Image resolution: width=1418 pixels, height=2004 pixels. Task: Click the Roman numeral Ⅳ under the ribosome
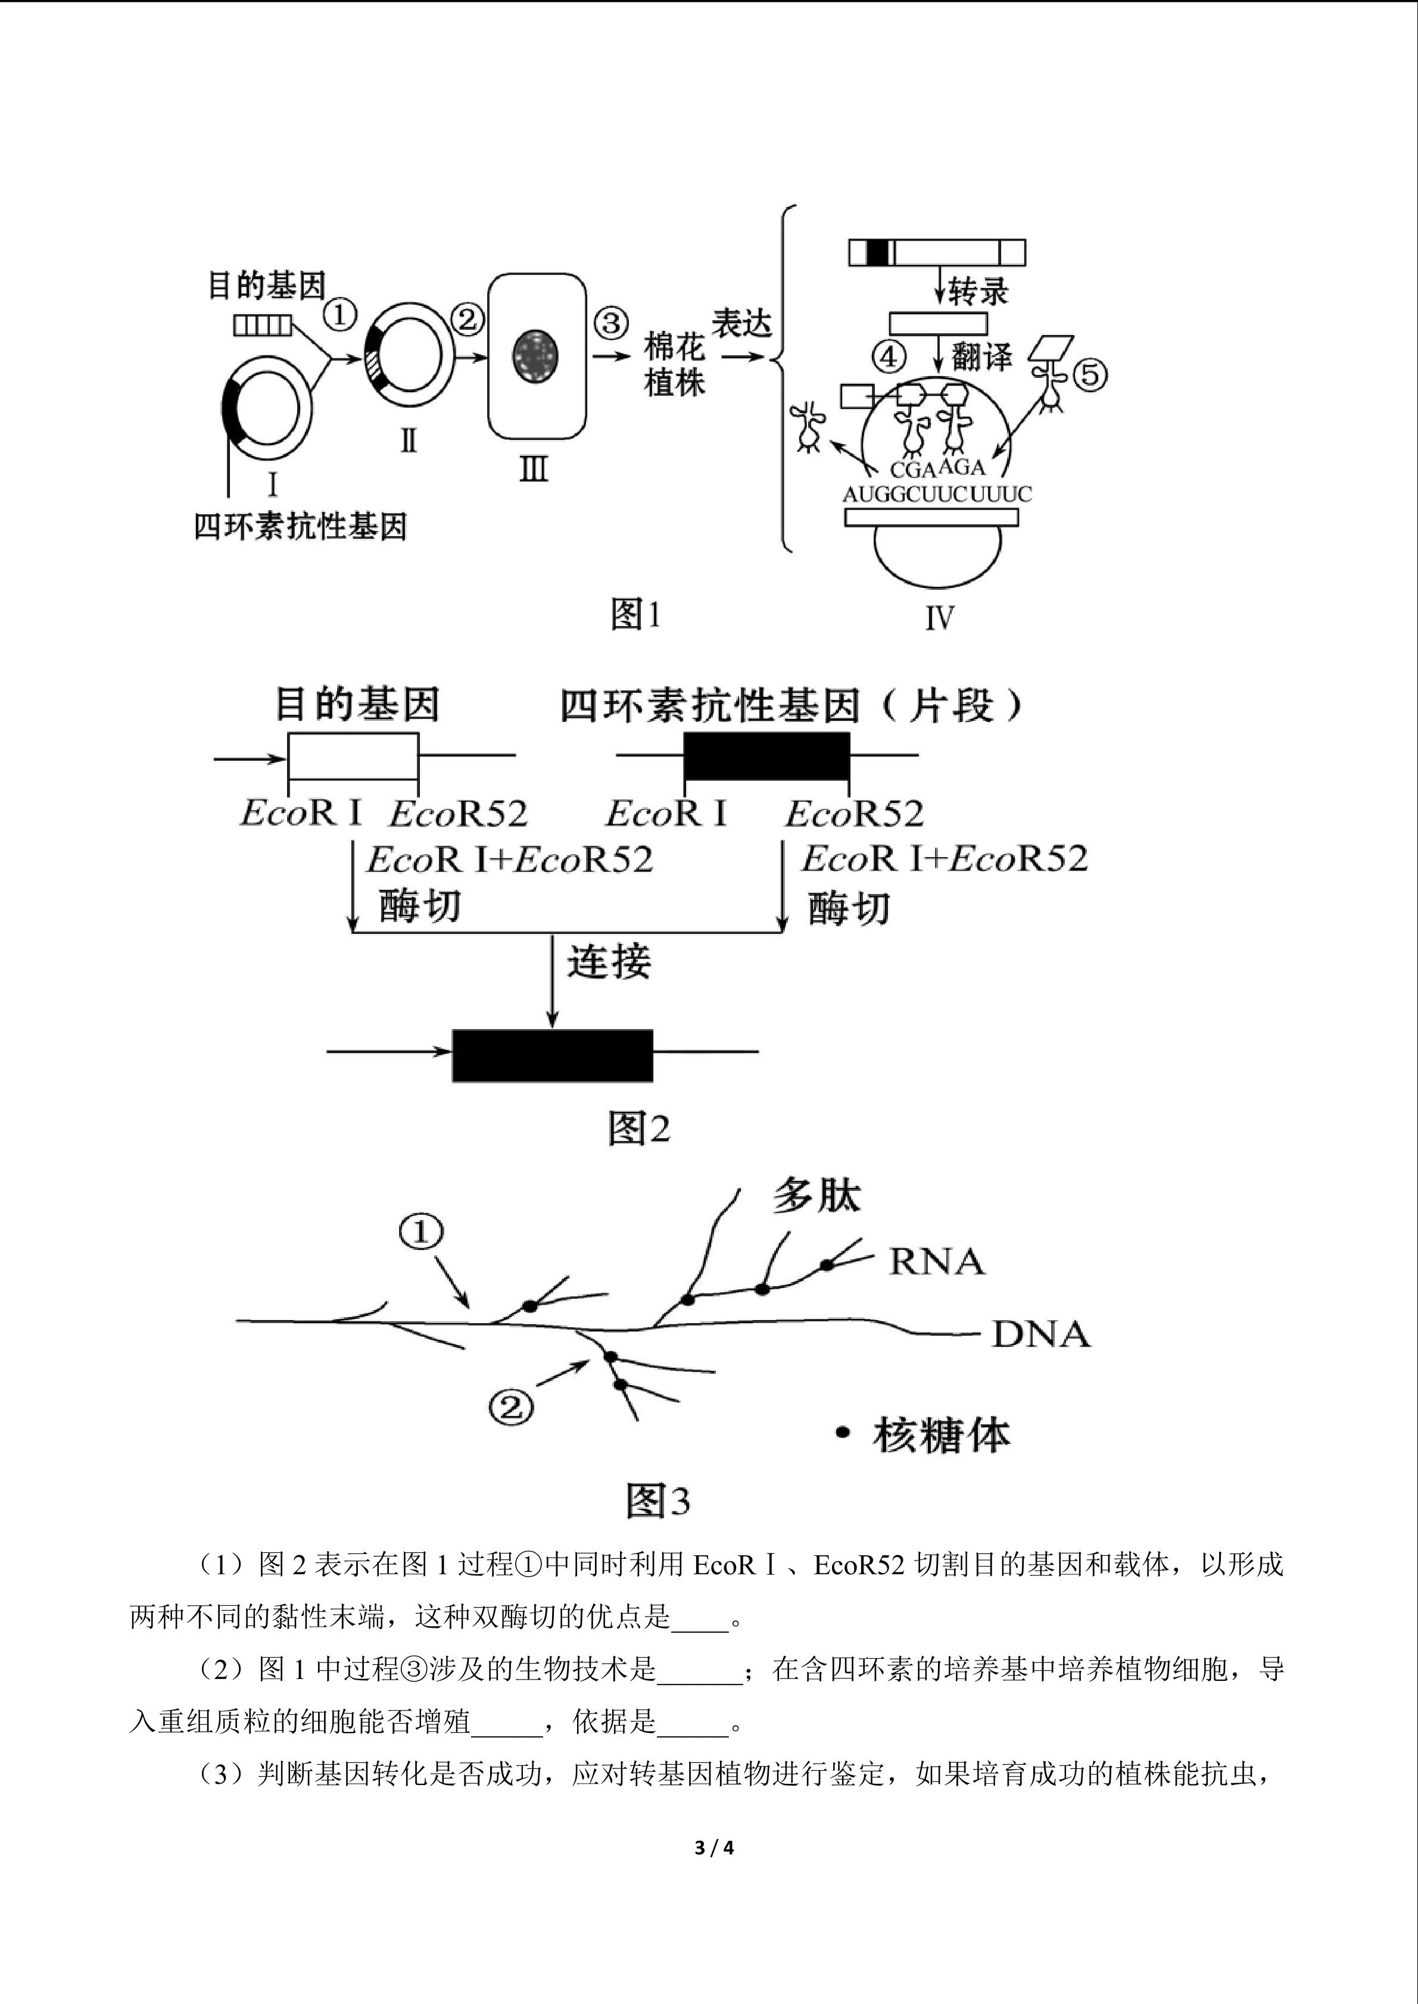tap(940, 618)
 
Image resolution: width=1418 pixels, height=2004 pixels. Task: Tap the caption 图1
tap(635, 614)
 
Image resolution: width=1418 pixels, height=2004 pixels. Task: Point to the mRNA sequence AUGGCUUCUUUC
tap(937, 494)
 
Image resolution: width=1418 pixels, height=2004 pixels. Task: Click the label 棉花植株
tap(675, 365)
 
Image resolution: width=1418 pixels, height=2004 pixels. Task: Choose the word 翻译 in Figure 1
tap(981, 357)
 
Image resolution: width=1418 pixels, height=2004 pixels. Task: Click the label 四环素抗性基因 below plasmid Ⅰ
tap(300, 526)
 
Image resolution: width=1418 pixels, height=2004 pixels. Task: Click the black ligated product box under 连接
tap(553, 1056)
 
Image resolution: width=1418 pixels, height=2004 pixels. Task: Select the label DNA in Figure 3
tap(1042, 1334)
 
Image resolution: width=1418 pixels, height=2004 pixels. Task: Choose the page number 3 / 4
tap(713, 1848)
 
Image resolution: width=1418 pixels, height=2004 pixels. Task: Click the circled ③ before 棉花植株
tap(611, 323)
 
